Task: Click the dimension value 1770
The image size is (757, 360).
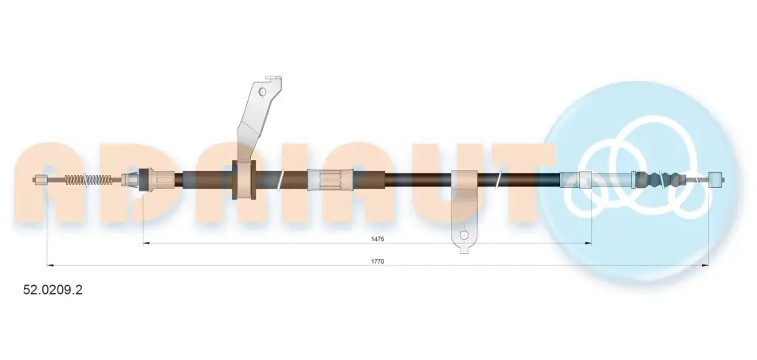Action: click(378, 261)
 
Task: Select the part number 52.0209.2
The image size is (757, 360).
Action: click(53, 290)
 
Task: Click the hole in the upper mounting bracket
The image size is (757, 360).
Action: click(263, 92)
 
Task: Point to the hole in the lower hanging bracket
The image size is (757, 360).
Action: click(464, 235)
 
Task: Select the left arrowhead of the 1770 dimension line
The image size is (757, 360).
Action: click(49, 265)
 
